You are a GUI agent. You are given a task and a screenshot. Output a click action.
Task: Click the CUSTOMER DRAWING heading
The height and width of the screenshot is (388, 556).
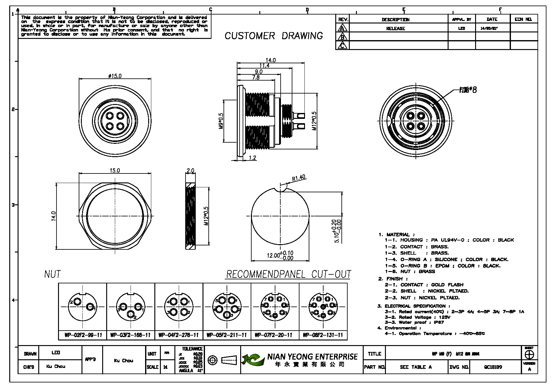pos(274,36)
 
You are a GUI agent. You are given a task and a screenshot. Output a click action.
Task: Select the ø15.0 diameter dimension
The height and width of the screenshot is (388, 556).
pos(115,76)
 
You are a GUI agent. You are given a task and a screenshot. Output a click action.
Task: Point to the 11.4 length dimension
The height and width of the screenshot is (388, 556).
pos(264,66)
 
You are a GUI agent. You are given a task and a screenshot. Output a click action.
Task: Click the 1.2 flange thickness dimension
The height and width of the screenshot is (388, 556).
pos(252,158)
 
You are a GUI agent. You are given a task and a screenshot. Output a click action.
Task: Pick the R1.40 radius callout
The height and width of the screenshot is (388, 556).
pos(298,177)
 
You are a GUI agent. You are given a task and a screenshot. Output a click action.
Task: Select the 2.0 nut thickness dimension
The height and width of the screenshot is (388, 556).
pos(190,171)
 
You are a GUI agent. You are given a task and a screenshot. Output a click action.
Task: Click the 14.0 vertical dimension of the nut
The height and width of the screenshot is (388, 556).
pos(53,216)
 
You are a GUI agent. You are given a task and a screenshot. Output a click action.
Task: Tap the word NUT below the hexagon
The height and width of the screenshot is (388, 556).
pos(52,274)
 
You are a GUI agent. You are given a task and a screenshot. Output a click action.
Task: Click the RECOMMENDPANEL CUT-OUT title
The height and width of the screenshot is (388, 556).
pos(289,274)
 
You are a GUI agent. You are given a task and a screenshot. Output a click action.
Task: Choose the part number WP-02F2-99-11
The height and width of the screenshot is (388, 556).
pos(83,335)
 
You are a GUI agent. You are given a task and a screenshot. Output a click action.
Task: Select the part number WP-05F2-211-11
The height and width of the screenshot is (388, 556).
pos(227,335)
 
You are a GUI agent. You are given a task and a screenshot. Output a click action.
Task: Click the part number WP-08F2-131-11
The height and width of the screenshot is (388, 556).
pos(323,335)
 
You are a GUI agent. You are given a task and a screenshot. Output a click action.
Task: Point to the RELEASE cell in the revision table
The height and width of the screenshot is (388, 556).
pos(395,28)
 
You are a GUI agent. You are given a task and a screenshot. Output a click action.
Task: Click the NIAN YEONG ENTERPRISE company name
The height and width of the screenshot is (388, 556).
pos(312,357)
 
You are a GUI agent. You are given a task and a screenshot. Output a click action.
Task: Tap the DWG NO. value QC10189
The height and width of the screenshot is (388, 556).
pos(493,367)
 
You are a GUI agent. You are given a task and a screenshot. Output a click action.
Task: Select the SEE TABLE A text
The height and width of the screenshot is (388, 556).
pos(416,367)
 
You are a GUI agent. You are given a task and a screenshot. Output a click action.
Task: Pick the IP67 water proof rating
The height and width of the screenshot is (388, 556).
pos(439,322)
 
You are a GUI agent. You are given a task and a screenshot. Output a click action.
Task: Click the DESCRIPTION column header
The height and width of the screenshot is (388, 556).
pos(395,19)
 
